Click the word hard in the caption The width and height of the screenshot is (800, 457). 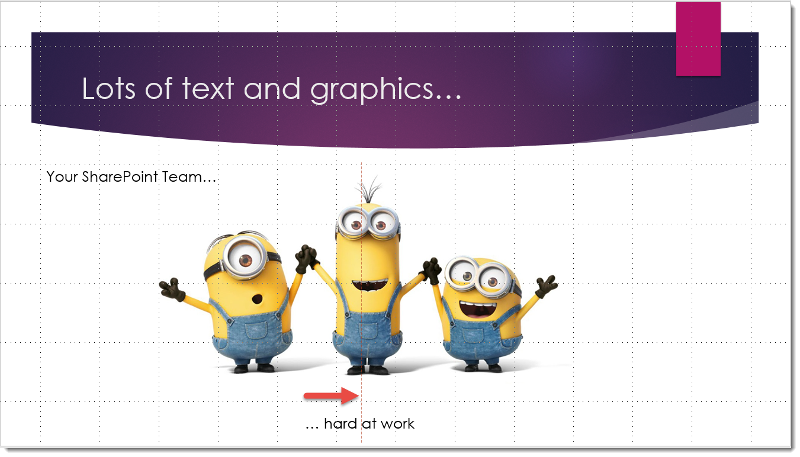coord(340,424)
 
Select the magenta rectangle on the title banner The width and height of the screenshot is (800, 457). coord(698,38)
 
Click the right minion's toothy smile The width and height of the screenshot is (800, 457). coord(477,310)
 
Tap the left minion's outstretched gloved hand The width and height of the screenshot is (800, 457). coord(172,288)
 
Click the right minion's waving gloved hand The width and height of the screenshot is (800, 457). coord(545,287)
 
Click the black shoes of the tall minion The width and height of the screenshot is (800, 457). coord(368,370)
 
